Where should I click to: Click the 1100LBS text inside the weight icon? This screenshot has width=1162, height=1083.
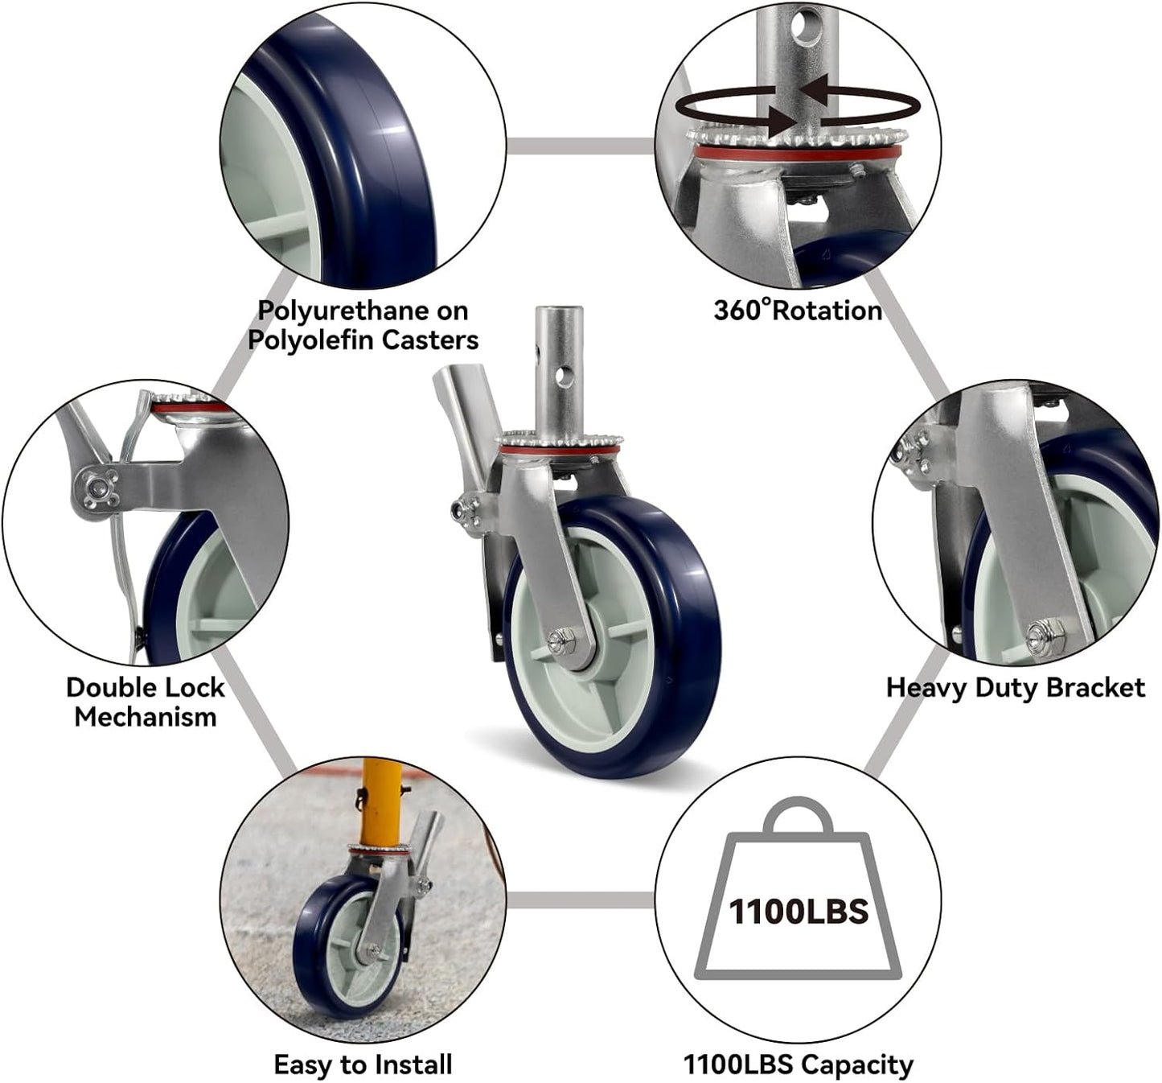[x=799, y=911]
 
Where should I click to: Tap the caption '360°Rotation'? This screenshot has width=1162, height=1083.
[x=798, y=311]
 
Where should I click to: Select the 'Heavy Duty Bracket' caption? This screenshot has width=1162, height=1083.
[x=1015, y=688]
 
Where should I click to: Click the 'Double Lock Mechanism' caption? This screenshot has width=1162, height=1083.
[x=146, y=702]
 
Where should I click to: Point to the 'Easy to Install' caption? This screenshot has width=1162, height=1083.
[x=363, y=1064]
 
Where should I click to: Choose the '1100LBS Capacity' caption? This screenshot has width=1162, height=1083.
[x=798, y=1064]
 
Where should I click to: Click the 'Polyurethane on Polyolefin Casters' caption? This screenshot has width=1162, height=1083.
[x=363, y=325]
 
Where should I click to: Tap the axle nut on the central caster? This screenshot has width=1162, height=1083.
[x=558, y=640]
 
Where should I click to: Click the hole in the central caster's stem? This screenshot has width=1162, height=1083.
[x=566, y=373]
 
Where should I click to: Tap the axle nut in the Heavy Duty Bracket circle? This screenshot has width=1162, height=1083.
[x=1045, y=630]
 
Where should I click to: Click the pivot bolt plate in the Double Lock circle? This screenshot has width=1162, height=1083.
[x=97, y=488]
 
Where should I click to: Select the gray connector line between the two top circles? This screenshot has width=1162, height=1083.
[x=580, y=146]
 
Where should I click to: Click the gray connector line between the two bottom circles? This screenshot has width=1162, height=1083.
[x=580, y=900]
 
